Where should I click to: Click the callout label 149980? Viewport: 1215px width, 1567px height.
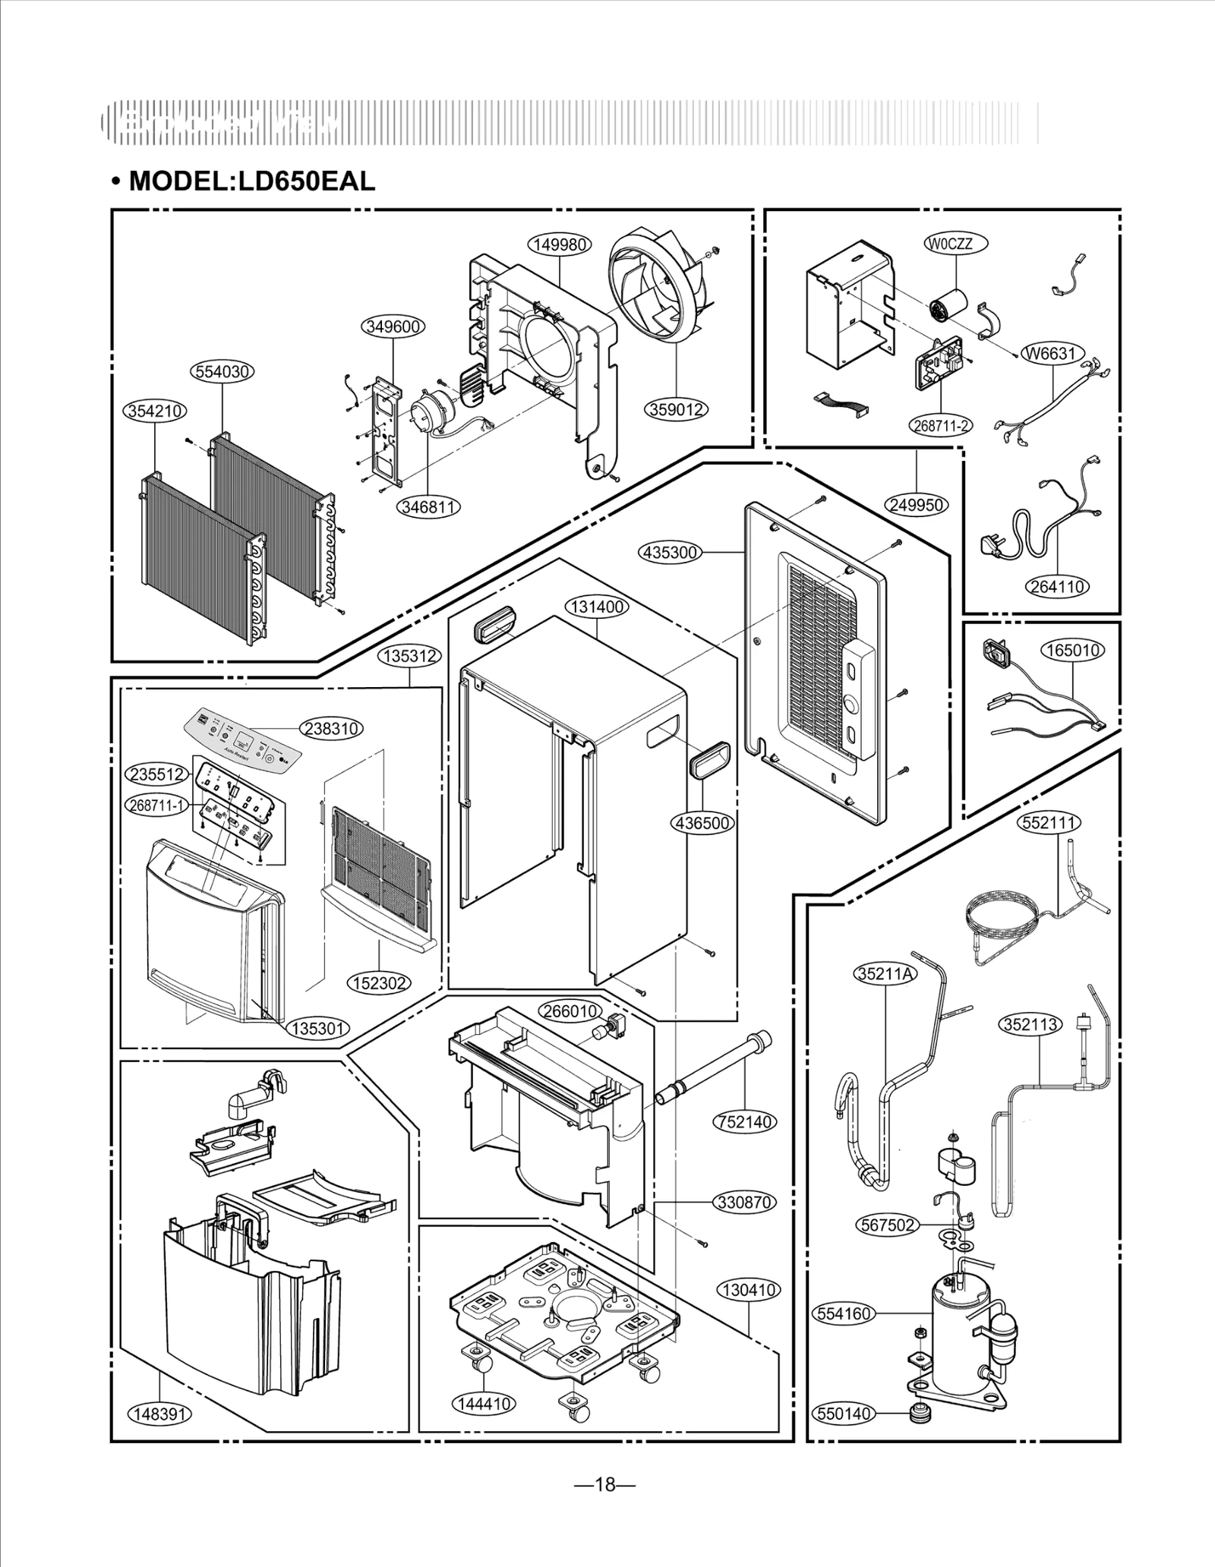point(560,244)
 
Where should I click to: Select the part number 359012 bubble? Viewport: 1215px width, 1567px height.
point(677,409)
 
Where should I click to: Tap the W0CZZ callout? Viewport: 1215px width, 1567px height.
point(956,244)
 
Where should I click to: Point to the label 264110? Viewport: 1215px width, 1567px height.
point(1057,586)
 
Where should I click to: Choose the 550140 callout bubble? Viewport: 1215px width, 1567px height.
point(844,1414)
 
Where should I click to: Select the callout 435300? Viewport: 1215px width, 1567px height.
point(670,552)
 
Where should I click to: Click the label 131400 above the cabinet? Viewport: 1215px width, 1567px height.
point(597,607)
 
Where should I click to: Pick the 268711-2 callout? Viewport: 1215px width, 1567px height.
point(941,425)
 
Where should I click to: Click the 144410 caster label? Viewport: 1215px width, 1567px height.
point(483,1404)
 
